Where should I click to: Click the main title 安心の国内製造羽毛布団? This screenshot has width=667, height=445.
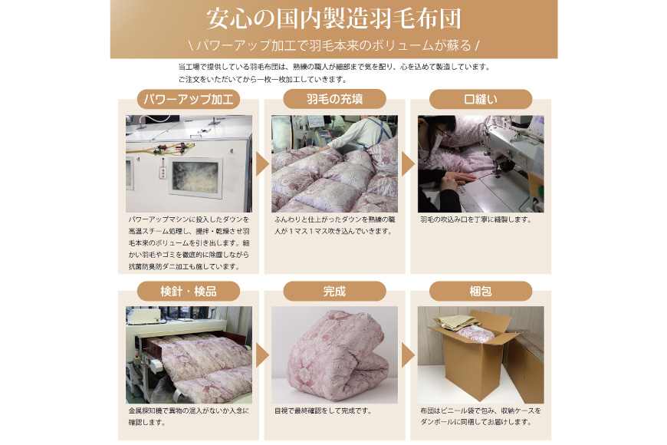click(334, 19)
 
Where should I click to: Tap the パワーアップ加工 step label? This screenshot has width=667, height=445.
click(189, 99)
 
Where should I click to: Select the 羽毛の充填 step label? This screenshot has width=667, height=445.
click(334, 99)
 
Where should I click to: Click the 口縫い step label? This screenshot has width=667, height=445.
click(481, 99)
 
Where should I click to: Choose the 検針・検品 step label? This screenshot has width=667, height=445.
click(189, 292)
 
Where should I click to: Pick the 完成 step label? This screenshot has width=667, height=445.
click(334, 292)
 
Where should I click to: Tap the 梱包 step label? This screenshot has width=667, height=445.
click(481, 292)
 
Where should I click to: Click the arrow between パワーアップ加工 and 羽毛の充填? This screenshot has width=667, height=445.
click(262, 164)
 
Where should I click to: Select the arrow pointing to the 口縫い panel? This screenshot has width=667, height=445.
click(408, 164)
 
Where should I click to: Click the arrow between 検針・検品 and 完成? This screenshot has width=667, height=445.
click(262, 355)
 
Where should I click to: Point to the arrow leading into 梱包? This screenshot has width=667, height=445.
click(408, 355)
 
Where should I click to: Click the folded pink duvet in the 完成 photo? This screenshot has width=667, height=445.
click(336, 355)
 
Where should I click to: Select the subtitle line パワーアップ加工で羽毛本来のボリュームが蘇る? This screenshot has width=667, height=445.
click(334, 45)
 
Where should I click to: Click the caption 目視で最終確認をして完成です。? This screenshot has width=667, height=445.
click(324, 411)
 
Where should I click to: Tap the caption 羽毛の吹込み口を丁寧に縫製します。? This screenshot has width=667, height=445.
click(475, 219)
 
